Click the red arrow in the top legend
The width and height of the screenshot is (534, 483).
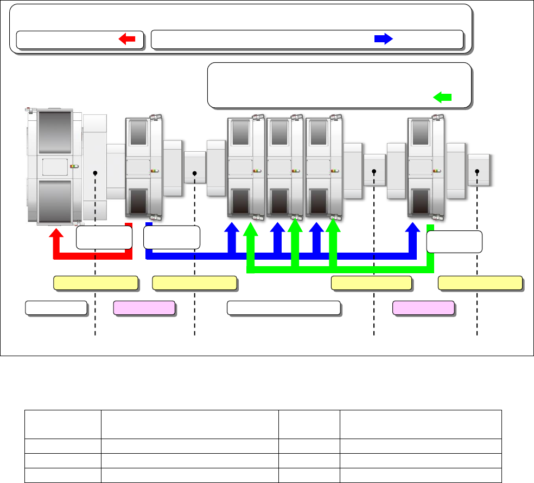coord(126,39)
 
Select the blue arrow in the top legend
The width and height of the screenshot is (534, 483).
coord(384,39)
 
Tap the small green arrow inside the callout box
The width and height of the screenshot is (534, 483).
coord(443,97)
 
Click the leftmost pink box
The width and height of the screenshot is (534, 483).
coord(144,308)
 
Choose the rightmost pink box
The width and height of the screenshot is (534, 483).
coord(423,308)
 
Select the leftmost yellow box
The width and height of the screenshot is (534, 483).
coord(95,283)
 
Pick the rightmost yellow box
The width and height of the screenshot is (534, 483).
coord(480,283)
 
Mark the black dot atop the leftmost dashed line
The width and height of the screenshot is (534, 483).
coord(95,173)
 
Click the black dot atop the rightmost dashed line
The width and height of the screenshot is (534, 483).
coord(477,172)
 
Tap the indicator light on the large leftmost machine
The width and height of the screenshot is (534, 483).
coord(74,166)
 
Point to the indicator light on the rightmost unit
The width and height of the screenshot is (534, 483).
coord(437,171)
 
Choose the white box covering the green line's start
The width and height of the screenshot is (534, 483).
coord(454,242)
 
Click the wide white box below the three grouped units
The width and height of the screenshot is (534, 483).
coord(284,308)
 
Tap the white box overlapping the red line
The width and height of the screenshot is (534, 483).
coord(104,237)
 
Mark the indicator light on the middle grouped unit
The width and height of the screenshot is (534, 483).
coord(296,171)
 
